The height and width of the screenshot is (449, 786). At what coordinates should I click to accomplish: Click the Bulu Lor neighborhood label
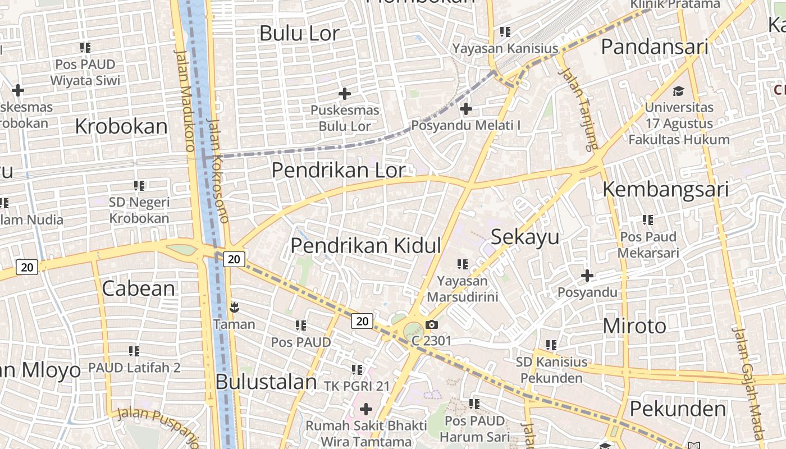pos(300,34)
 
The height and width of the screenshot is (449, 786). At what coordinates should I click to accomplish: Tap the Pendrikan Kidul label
pos(365,246)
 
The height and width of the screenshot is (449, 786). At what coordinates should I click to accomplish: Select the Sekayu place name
pos(525,237)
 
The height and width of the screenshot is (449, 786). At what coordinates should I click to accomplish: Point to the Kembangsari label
pos(665,190)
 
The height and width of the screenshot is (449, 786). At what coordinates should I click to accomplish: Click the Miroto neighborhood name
pos(634,326)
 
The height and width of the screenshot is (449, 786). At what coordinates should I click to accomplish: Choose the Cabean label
pos(139,288)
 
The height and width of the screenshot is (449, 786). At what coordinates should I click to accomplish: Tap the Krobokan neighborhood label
pos(121,126)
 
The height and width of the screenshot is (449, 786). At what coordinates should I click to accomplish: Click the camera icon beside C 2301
pos(431,324)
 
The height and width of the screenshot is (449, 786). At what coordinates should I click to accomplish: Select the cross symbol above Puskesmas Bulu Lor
pos(345,93)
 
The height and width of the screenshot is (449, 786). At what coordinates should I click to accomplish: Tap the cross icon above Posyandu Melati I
pos(465,108)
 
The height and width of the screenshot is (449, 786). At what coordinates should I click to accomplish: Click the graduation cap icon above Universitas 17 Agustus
pos(679,91)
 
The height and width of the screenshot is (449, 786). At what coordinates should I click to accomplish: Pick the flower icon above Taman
pos(234,307)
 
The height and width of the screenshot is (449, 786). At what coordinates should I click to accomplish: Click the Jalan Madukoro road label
pos(185,101)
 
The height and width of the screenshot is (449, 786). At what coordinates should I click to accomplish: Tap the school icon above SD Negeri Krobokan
pos(139,185)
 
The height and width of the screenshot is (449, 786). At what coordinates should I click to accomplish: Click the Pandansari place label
pos(654,47)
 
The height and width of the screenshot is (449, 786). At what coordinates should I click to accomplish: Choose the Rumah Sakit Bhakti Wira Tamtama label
pos(366,433)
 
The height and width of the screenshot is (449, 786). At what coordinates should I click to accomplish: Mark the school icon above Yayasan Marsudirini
pos(463,264)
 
